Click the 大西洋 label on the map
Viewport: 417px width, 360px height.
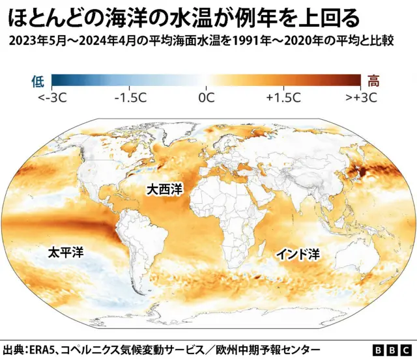pos(165,189)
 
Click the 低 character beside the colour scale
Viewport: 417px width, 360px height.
pos(37,81)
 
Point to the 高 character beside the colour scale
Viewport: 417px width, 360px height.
pos(374,81)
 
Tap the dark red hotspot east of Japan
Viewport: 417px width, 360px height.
pos(360,173)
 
